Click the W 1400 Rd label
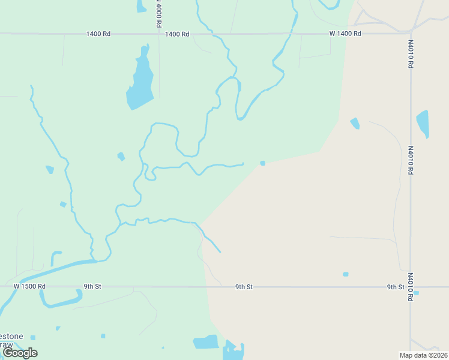[x=345, y=34]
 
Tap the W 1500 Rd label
[x=29, y=287]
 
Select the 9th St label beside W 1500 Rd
[x=92, y=287]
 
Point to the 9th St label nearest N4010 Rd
[x=396, y=287]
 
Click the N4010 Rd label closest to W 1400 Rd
[x=411, y=53]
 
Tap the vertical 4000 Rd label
[x=158, y=13]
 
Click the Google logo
[x=20, y=353]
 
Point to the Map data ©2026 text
[x=423, y=355]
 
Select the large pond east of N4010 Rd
[x=423, y=123]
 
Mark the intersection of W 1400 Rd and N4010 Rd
[x=411, y=33]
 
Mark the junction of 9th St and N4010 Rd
[x=411, y=287]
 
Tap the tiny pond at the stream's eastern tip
[x=262, y=163]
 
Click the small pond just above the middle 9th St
[x=345, y=274]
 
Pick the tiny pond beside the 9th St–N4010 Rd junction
[x=416, y=293]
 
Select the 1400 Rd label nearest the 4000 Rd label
[x=177, y=34]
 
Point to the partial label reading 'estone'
[x=11, y=336]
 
